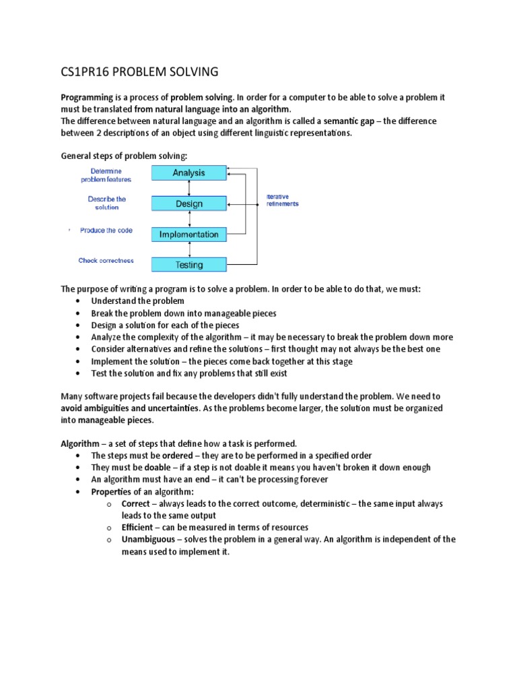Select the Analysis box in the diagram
click(x=188, y=173)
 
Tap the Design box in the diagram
click(x=188, y=204)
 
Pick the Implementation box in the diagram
click(x=188, y=234)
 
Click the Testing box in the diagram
click(x=188, y=265)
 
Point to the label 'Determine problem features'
click(x=106, y=175)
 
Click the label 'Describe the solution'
click(x=106, y=203)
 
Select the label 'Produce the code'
click(x=106, y=230)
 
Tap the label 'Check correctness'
click(x=106, y=261)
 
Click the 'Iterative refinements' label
click(x=282, y=200)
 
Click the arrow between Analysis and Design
click(x=189, y=189)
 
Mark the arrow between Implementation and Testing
click(x=189, y=250)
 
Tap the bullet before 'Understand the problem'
click(x=79, y=301)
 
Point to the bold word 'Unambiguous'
click(x=149, y=540)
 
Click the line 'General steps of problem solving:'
click(x=120, y=156)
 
